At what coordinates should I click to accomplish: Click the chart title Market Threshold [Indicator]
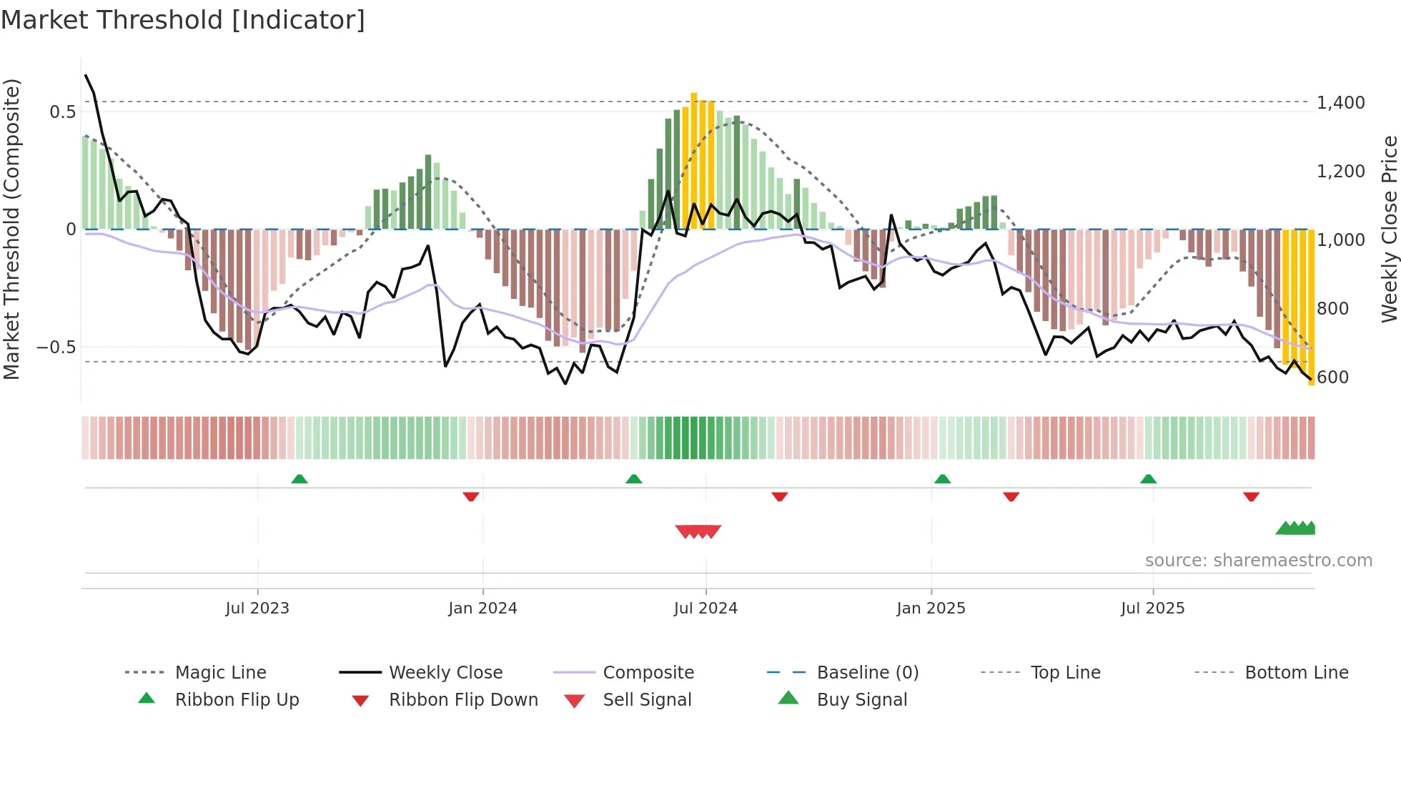[183, 20]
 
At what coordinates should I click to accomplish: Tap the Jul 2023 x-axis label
[257, 609]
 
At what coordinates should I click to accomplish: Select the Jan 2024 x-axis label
[482, 609]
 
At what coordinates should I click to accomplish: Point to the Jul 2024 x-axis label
[706, 609]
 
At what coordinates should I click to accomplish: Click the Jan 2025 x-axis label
[931, 609]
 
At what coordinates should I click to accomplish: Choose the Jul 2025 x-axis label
[1152, 609]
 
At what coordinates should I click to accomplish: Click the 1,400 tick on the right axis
[1340, 103]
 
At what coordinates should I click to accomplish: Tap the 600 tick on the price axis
[1332, 378]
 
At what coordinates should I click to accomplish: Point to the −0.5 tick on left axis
[56, 348]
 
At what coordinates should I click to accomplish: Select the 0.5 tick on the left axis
[62, 112]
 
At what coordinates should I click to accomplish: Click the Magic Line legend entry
[220, 673]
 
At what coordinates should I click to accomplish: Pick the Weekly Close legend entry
[445, 673]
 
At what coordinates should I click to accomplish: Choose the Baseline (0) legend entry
[867, 673]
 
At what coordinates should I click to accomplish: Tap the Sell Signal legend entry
[647, 700]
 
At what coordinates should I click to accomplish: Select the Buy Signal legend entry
[861, 700]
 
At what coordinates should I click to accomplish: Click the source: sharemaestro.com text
[1258, 561]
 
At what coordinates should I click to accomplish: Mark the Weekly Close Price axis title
[1389, 229]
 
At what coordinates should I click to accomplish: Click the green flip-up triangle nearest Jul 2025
[1148, 479]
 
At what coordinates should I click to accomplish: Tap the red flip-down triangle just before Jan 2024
[470, 496]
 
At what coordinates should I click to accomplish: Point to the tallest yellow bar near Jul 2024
[693, 157]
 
